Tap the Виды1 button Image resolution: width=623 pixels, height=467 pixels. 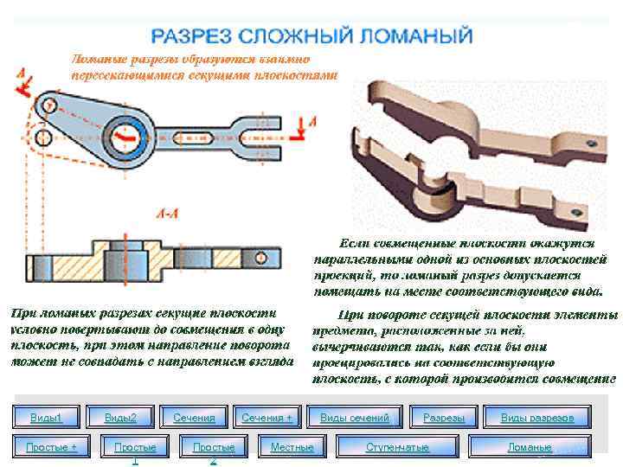47,419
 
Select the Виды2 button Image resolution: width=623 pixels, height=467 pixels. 120,419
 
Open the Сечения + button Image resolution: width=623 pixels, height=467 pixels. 267,419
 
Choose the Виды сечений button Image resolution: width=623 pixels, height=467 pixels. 355,419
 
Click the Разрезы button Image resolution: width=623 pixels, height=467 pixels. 444,419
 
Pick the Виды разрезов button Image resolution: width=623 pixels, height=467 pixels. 537,419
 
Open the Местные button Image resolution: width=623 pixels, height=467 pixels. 292,447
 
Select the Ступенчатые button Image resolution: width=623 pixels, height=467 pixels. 397,447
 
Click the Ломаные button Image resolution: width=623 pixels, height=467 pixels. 530,447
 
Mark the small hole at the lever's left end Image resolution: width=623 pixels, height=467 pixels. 49,106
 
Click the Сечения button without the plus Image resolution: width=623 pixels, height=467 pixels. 194,419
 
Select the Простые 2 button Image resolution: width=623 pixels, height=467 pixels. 214,447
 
